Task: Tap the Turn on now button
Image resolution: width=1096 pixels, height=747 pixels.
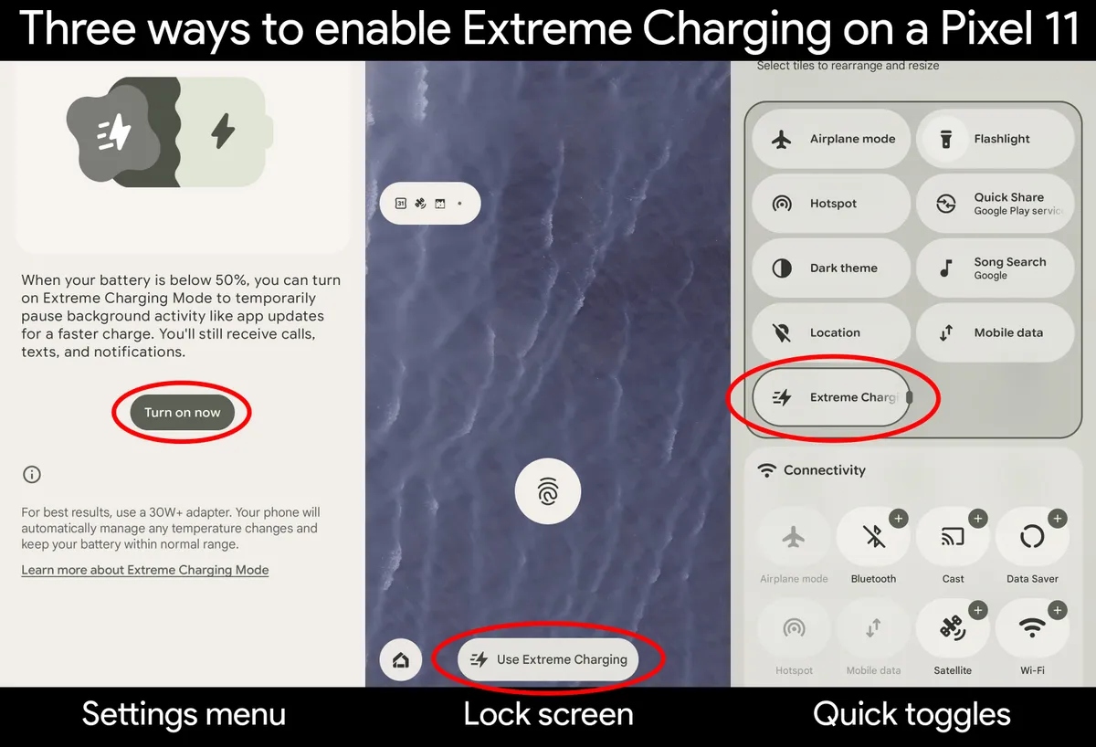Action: click(182, 413)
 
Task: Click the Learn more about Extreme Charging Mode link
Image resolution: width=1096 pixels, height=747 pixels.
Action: click(145, 570)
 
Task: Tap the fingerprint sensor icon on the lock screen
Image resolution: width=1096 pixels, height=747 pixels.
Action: click(547, 491)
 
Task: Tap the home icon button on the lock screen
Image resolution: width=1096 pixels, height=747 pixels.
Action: click(401, 660)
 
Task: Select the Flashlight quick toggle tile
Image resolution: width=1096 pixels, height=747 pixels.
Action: click(996, 139)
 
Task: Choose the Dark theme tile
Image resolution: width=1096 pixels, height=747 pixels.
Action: click(831, 268)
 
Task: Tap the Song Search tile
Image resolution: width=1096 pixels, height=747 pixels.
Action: click(996, 268)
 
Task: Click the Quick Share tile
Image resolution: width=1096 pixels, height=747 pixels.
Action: click(996, 204)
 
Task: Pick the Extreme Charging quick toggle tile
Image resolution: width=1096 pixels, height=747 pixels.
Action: click(831, 397)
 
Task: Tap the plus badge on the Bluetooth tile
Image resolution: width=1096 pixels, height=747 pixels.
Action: click(899, 519)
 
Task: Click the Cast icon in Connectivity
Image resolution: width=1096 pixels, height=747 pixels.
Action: click(953, 537)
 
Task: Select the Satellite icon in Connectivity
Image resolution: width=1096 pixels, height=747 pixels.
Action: click(953, 628)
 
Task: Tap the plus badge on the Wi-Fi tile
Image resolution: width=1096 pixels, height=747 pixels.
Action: click(1058, 610)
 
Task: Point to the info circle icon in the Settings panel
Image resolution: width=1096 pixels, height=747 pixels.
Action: click(32, 475)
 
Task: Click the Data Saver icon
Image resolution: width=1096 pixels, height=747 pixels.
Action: click(1032, 537)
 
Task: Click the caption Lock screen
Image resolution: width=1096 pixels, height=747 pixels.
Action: click(548, 714)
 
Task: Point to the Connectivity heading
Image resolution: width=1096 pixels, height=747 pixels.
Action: click(825, 470)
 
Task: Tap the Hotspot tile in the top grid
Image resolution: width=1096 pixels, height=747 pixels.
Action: click(831, 204)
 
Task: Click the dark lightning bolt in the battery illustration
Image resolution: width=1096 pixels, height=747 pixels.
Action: click(223, 132)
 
